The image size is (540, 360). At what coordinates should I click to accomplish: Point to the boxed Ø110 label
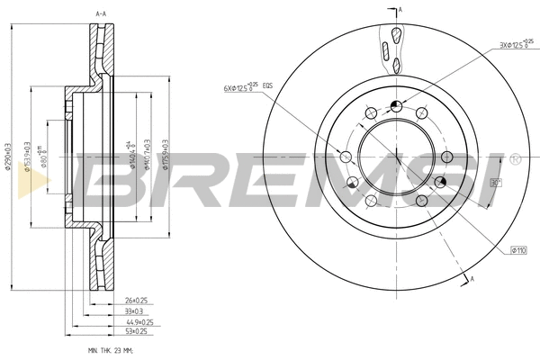[x=518, y=249]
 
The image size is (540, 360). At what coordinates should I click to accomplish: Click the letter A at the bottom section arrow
[x=472, y=282]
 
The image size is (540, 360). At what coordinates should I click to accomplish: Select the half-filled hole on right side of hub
[x=439, y=184]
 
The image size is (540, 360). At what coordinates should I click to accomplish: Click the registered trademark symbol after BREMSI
[x=514, y=160]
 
